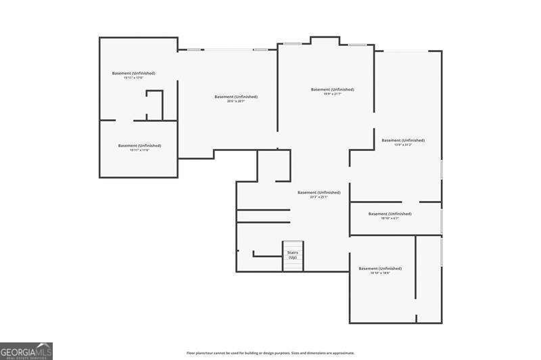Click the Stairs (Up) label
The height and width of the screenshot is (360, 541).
tap(293, 255)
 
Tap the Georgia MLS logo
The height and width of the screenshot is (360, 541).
tap(26, 351)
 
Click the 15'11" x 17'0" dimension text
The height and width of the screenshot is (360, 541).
tap(133, 78)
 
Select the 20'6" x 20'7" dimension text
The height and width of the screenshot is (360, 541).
tap(236, 102)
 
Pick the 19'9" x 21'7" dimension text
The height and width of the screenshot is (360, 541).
tap(332, 94)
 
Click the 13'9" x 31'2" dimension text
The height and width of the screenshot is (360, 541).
tap(402, 145)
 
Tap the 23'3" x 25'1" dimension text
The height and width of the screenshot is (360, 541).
tap(319, 197)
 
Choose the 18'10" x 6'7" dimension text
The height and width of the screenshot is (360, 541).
tap(390, 219)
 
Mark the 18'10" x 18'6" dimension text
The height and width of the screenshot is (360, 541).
tap(380, 273)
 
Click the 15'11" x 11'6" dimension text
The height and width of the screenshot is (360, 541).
tap(139, 150)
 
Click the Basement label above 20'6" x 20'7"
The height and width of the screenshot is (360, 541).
tap(236, 97)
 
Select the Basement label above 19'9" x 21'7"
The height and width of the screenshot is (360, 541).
tap(332, 89)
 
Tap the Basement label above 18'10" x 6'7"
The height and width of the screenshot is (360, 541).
tap(390, 214)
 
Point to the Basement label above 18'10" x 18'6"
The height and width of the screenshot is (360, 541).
tap(380, 269)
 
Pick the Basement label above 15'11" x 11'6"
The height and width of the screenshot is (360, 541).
tap(139, 145)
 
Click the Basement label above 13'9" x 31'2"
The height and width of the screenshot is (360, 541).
tap(403, 140)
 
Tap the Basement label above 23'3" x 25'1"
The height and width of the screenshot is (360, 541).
tap(319, 192)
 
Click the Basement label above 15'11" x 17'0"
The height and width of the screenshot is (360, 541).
tap(133, 73)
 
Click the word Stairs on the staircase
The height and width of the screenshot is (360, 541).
tap(293, 252)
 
